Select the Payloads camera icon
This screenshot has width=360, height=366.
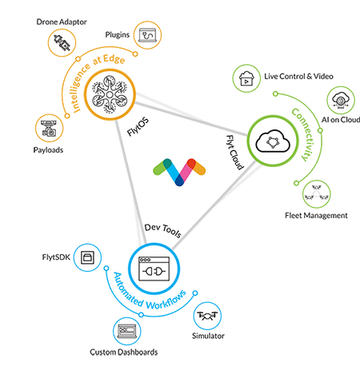[50, 128]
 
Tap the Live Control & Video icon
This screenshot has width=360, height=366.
[246, 78]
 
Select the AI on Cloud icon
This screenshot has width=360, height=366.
[341, 100]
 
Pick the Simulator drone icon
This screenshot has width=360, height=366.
[207, 316]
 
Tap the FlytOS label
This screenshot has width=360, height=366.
[138, 126]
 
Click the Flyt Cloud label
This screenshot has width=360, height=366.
[235, 153]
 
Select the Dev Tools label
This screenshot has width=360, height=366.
[163, 230]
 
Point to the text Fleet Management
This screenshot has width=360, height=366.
[316, 215]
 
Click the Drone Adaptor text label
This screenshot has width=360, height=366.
[62, 22]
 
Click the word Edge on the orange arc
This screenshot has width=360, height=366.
[114, 59]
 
